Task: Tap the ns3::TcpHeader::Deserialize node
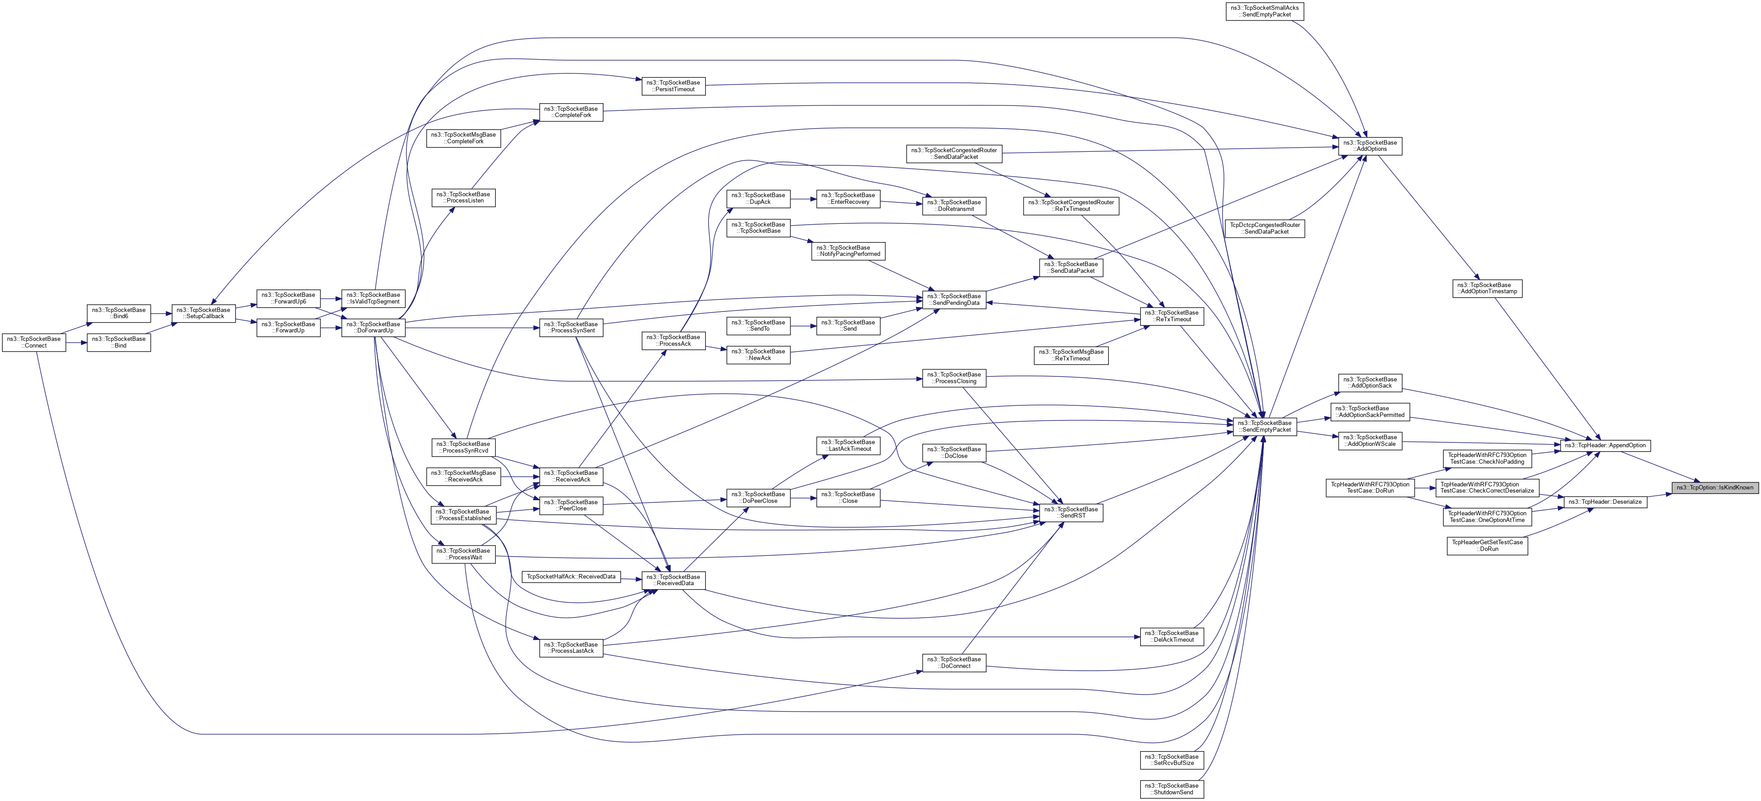[x=1604, y=502]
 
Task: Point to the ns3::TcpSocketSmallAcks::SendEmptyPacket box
[x=1265, y=12]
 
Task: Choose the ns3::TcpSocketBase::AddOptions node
[x=1369, y=146]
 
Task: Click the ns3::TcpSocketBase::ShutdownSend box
[x=1172, y=789]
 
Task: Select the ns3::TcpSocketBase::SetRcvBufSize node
[x=1172, y=760]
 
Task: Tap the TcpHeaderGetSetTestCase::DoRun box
[x=1487, y=546]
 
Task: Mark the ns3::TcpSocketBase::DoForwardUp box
[x=373, y=328]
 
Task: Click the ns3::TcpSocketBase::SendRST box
[x=1071, y=513]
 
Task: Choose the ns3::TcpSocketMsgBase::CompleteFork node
[x=463, y=138]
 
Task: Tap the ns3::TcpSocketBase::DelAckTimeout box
[x=1172, y=636]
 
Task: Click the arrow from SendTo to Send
[x=803, y=326]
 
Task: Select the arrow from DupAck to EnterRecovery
[x=803, y=199]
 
